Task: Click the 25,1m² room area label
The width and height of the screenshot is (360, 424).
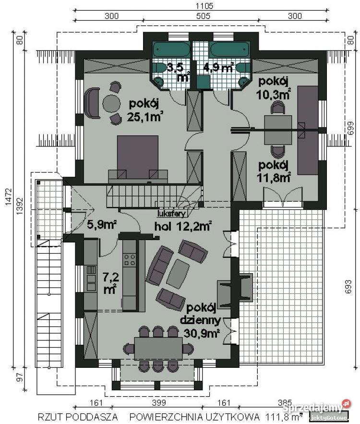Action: click(144, 110)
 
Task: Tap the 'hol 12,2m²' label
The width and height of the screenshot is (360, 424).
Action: click(183, 226)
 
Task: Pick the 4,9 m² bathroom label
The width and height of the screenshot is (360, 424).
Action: click(218, 66)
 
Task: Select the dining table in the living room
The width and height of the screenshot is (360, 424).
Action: click(158, 348)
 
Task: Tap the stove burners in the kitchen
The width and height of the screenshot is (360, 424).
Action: click(130, 260)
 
